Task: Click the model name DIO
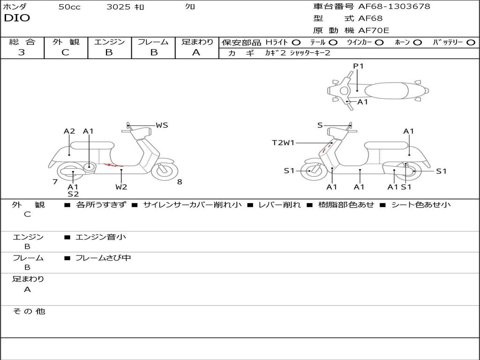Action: (x=17, y=18)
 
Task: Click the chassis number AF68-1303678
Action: (x=394, y=7)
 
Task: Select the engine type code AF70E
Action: (x=374, y=30)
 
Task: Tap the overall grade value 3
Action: (x=22, y=52)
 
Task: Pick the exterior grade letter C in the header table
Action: (x=66, y=52)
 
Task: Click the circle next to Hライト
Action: (x=296, y=43)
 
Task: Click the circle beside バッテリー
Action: (x=471, y=43)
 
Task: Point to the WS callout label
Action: (x=162, y=125)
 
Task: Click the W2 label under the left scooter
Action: (x=121, y=187)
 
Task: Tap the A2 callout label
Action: (x=69, y=131)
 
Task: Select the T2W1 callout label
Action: (x=283, y=142)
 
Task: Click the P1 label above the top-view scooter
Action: (x=358, y=66)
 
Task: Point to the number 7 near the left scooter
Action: (x=55, y=182)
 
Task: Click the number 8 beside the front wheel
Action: (x=180, y=182)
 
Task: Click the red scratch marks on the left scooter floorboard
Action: (x=113, y=165)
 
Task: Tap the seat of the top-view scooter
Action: (x=386, y=91)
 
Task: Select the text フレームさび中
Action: (x=103, y=258)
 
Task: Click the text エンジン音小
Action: (x=101, y=237)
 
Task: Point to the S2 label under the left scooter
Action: (x=73, y=194)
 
